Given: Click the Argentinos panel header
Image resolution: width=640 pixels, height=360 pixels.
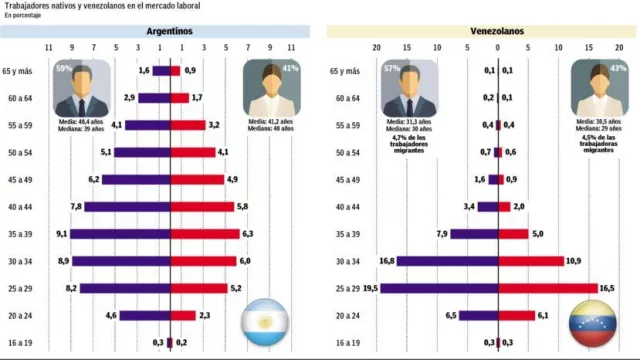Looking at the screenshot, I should coord(169,31).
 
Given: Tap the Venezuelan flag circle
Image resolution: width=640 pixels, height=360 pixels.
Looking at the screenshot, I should coord(590,323).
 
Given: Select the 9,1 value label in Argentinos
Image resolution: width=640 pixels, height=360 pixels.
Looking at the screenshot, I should coord(62,234).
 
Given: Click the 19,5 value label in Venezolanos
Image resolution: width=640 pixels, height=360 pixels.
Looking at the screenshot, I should coord(370,288).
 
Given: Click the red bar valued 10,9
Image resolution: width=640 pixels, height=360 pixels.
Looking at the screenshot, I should coord(531,261).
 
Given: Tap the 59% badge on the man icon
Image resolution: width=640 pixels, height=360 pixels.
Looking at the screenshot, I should coord(64,68).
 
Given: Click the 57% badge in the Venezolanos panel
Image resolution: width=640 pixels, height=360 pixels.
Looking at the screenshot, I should coord(391,68).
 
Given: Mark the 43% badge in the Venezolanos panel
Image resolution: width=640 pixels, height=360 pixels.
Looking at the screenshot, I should coord(619,68).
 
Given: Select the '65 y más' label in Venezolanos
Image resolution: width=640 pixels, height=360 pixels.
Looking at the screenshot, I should coord(346,71).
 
